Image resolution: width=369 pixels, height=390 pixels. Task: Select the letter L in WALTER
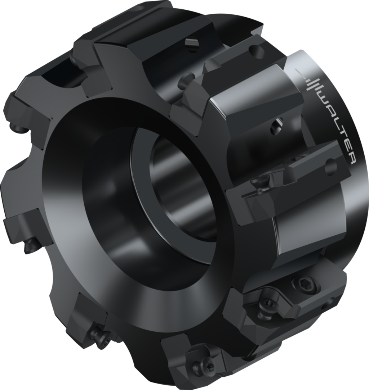pos(338,121)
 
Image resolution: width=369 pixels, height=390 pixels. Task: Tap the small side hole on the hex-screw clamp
pos(329,304)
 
